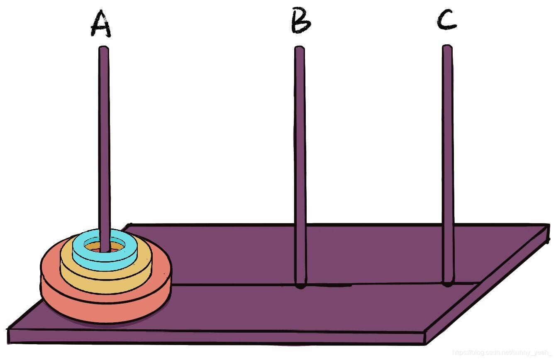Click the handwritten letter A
coord(101,24)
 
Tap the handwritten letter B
coord(300,22)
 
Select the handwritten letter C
coord(447,20)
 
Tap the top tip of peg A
coord(104,49)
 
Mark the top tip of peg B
coord(300,49)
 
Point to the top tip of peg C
coord(447,47)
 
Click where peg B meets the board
coord(301,285)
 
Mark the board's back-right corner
coord(549,226)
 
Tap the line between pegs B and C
coord(373,285)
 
